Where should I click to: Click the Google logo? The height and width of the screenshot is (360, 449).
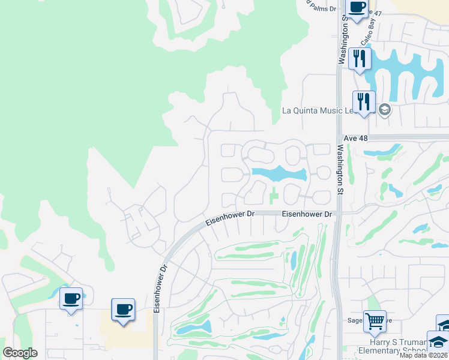pos(20,352)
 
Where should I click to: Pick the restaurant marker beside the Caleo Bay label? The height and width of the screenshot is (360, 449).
pos(360,58)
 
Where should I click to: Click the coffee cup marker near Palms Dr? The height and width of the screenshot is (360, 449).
pos(357,8)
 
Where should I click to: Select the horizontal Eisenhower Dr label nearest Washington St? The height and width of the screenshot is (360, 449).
pos(307,214)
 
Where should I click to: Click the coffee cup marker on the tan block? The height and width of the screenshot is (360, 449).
pos(123,310)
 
